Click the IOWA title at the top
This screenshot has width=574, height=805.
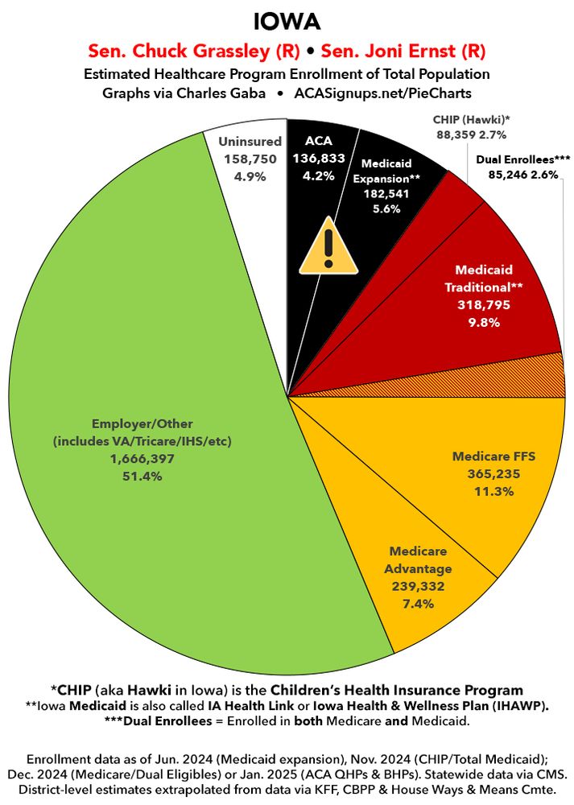point(287,19)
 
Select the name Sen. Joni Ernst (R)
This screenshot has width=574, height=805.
point(403,52)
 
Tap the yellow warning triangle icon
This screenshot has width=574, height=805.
point(327,246)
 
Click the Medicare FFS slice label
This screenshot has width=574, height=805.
point(493,456)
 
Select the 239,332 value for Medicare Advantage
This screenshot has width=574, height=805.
point(420,586)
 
